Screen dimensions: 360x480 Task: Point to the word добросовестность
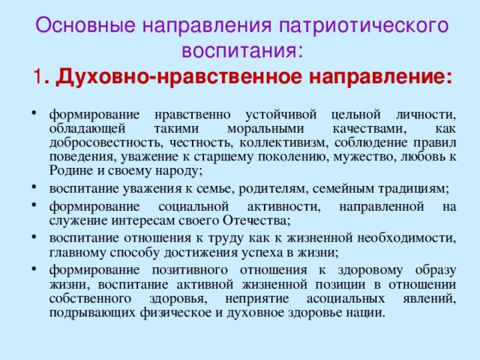coord(93,142)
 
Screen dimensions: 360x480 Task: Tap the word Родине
coord(69,171)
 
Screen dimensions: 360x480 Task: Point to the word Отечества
coord(256,220)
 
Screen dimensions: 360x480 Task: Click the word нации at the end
coord(367,313)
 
